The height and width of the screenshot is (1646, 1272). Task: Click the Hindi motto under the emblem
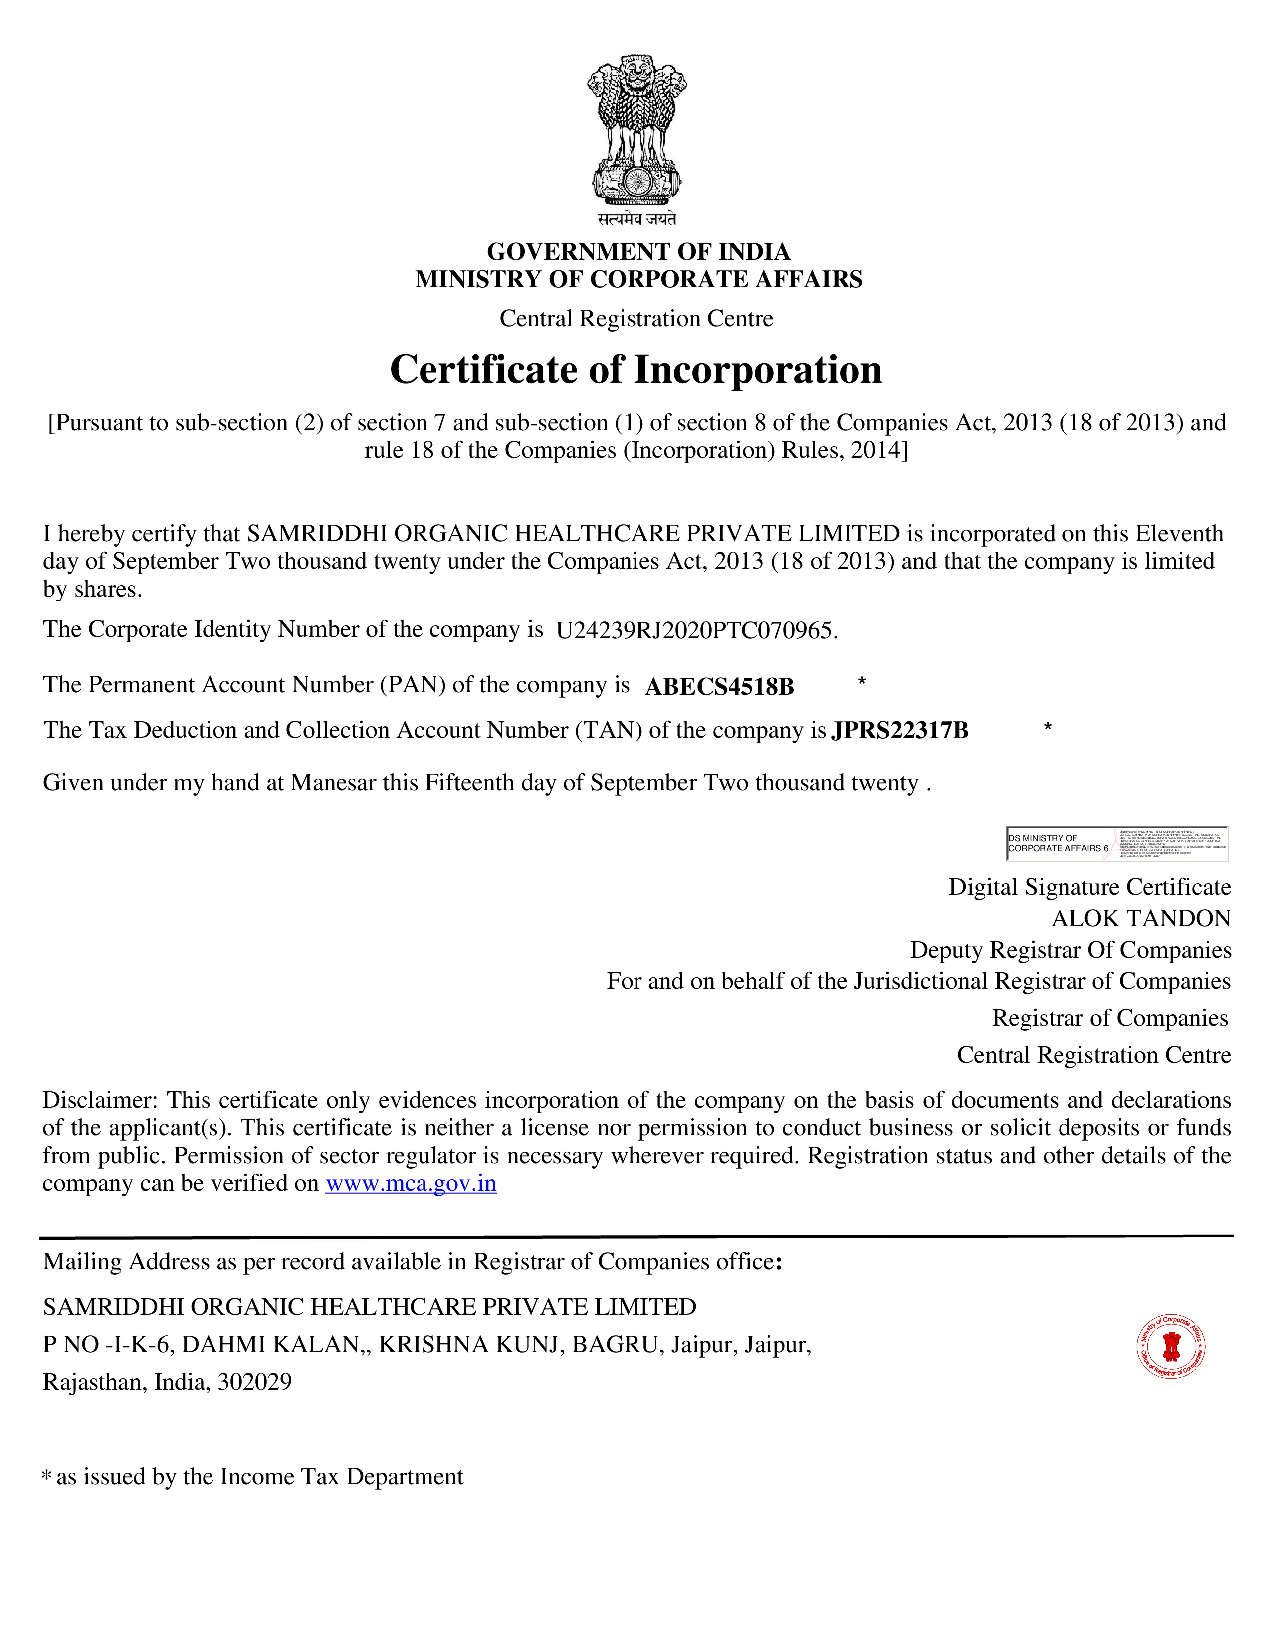[x=637, y=219]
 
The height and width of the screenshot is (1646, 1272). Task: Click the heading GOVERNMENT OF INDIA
[x=638, y=251]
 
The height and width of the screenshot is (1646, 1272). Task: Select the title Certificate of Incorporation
[x=636, y=369]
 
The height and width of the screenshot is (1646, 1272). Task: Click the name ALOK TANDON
[x=1140, y=918]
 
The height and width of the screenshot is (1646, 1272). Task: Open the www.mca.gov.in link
[x=411, y=1183]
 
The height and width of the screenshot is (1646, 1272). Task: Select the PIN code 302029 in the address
[x=254, y=1382]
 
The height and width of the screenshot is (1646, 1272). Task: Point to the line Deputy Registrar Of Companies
[x=1070, y=950]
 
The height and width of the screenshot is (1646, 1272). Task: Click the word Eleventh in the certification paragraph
[x=1179, y=534]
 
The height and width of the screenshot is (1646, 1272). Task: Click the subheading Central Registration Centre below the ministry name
[x=636, y=319]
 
